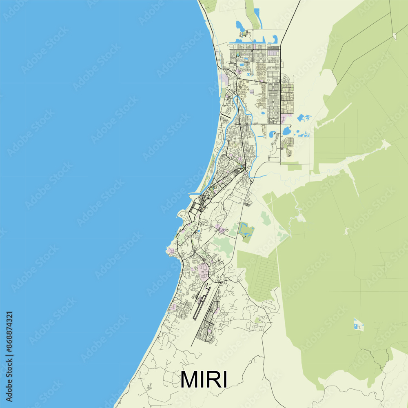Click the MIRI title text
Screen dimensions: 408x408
[x=204, y=379]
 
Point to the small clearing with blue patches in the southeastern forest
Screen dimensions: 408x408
[x=358, y=324]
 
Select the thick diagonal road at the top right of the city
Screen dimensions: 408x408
[x=291, y=20]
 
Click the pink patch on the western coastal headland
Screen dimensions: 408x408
[x=171, y=250]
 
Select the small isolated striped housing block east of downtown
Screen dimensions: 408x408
[x=248, y=200]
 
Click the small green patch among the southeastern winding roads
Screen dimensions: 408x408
[x=258, y=320]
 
